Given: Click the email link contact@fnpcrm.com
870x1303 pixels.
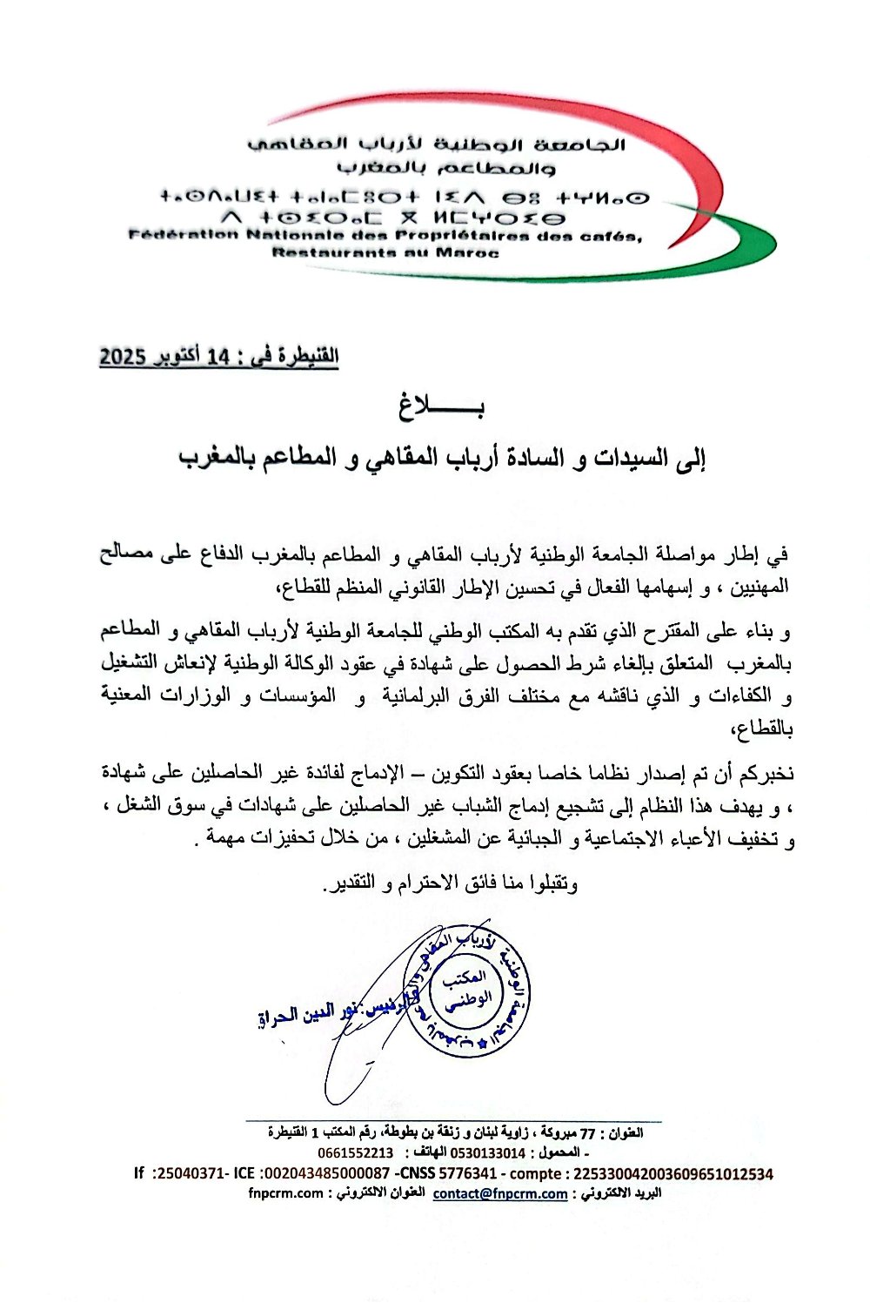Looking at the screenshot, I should tap(500, 1193).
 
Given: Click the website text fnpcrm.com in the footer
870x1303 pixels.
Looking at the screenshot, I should tap(285, 1193).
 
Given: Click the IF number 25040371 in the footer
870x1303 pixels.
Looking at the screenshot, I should tap(185, 1173).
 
